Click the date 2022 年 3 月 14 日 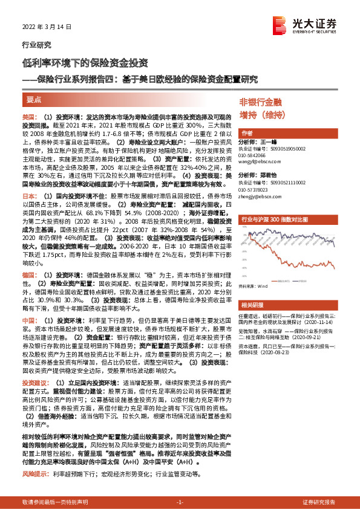(42, 27)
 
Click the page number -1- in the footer (180, 502)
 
